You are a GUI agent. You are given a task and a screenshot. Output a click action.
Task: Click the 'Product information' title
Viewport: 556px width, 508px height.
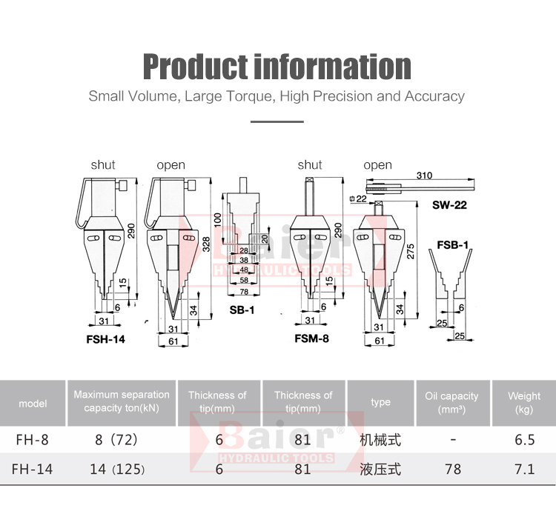coord(277,67)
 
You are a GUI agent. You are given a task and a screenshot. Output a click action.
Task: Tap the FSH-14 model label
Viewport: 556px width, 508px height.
coord(106,339)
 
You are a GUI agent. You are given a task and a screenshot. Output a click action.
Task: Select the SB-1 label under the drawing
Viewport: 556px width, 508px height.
coord(242,310)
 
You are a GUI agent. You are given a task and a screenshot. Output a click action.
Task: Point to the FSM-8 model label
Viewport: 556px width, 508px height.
coord(311,338)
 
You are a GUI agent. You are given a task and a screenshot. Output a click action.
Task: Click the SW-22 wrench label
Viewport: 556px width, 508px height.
coord(449,205)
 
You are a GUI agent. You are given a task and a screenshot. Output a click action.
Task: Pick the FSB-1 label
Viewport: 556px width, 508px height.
coord(452,245)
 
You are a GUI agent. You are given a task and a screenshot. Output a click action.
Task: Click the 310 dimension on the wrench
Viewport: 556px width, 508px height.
coord(424,176)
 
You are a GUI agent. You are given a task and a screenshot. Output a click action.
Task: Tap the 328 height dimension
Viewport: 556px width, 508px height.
coord(206,244)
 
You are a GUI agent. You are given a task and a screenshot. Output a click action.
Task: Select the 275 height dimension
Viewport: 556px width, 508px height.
coord(411,251)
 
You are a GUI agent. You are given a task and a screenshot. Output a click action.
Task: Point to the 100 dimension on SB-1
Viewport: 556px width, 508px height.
coord(218,220)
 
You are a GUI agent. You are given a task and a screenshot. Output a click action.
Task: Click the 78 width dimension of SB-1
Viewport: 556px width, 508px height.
coord(244,292)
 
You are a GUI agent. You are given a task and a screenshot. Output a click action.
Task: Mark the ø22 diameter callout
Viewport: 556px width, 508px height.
coord(358,198)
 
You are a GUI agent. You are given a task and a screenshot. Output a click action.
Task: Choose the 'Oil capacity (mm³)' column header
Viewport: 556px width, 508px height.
coord(451,403)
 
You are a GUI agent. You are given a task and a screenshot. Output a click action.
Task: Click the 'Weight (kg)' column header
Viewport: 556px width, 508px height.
coord(524,403)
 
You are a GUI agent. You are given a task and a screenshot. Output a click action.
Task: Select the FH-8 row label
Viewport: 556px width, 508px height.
coord(33,440)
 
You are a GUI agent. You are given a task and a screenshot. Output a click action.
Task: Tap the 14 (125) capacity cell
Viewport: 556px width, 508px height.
coord(117,469)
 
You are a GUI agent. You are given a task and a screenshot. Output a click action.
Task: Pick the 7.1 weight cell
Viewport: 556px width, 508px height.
coord(524,469)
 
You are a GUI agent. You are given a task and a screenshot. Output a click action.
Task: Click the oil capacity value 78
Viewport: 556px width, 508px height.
coord(453,469)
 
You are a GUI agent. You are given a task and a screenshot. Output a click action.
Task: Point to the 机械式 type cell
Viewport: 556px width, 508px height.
coord(380,440)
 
